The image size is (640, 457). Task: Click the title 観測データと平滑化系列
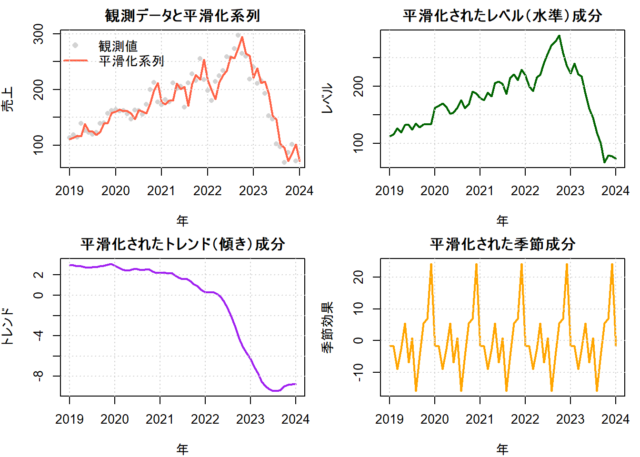click(182, 16)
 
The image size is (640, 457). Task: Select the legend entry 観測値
click(118, 46)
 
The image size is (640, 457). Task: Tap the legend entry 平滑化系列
click(131, 61)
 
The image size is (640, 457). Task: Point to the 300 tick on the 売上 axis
click(38, 34)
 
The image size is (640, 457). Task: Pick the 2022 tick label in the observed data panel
click(207, 191)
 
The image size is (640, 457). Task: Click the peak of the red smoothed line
click(242, 37)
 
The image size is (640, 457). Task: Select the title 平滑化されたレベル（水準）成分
click(502, 16)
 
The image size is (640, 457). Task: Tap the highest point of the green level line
click(559, 36)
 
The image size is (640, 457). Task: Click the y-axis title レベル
click(328, 99)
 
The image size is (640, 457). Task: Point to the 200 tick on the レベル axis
click(358, 86)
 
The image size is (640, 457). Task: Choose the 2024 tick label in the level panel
click(615, 191)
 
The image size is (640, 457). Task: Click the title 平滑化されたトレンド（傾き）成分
click(182, 244)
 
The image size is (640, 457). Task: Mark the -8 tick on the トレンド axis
click(38, 376)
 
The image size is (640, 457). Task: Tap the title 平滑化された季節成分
click(502, 244)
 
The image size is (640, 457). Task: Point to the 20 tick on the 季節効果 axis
click(358, 277)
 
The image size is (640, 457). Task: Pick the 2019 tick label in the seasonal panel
click(389, 419)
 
